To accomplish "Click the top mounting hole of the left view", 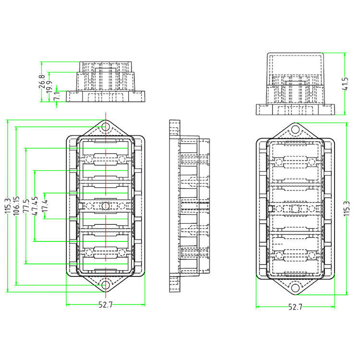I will [106, 128].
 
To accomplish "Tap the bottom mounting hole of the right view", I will [295, 288].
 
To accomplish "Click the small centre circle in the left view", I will [106, 206].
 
